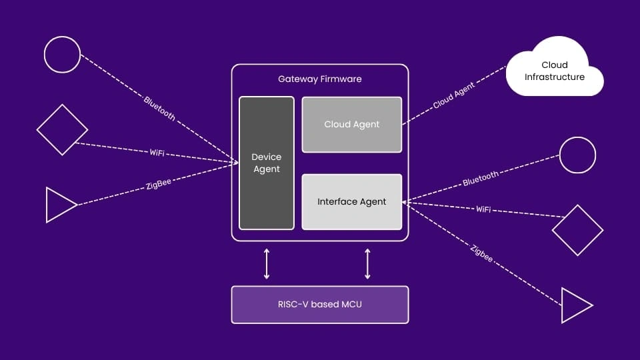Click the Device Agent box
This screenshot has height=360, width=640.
pos(267,163)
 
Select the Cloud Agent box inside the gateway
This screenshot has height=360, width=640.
pos(352,124)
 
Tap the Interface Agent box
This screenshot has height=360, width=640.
pos(352,201)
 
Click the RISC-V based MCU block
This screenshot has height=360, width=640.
pos(320,305)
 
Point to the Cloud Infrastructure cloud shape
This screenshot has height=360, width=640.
pos(555,71)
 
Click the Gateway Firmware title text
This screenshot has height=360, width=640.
pos(320,79)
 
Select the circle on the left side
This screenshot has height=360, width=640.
pos(62,54)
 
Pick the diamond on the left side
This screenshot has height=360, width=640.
pos(62,130)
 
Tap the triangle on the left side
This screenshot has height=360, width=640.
pos(59,205)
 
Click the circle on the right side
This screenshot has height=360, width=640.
pos(577,155)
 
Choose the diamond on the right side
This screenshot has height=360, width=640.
pos(577,230)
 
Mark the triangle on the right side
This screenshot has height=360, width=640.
pos(575,305)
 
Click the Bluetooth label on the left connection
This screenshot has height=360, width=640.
pos(160,108)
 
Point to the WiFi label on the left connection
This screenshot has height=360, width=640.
pos(157,153)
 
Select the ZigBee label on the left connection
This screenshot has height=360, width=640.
pos(159,184)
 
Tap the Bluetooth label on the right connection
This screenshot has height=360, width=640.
pos(481,177)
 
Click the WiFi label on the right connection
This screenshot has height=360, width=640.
pos(483,209)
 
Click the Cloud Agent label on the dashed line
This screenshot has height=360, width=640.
pos(453,97)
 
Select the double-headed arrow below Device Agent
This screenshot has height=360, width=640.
pos(267,263)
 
